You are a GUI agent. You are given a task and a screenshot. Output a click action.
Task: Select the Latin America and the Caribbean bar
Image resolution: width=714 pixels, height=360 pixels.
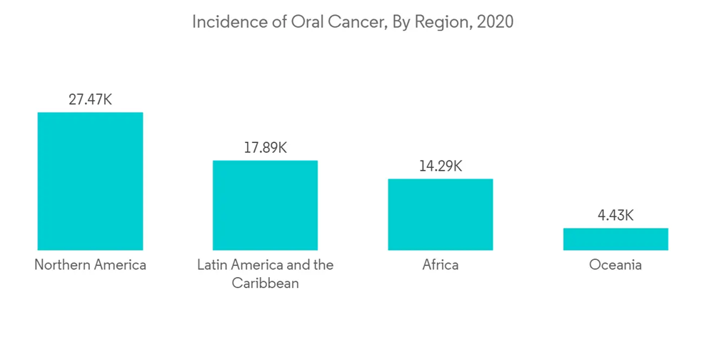click(265, 205)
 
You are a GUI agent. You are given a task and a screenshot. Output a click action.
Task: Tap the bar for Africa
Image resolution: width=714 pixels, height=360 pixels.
click(440, 214)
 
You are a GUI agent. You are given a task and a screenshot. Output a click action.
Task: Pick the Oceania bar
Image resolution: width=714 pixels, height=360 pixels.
click(615, 239)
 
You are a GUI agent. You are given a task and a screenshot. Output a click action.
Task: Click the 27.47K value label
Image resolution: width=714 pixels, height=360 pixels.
click(90, 99)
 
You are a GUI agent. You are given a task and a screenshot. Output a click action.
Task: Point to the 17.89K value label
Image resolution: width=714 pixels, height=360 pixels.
click(265, 148)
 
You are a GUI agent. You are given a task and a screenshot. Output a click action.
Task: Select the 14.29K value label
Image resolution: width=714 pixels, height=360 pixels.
click(440, 166)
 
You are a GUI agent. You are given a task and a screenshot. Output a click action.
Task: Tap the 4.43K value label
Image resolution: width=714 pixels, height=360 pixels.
click(615, 215)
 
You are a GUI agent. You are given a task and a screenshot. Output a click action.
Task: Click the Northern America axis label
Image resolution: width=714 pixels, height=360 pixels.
click(90, 265)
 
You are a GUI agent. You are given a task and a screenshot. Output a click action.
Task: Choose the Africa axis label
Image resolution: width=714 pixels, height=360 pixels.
click(440, 265)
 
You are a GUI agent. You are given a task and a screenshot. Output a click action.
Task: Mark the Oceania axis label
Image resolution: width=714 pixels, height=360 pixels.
click(615, 265)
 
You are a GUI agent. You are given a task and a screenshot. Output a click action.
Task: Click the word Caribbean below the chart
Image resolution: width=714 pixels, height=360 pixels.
click(265, 284)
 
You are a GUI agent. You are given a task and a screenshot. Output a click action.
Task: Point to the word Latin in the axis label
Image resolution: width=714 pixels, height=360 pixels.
click(212, 265)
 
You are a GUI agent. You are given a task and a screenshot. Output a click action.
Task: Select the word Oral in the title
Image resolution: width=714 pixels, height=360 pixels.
click(302, 22)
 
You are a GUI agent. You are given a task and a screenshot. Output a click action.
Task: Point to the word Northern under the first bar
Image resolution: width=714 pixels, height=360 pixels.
click(62, 265)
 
